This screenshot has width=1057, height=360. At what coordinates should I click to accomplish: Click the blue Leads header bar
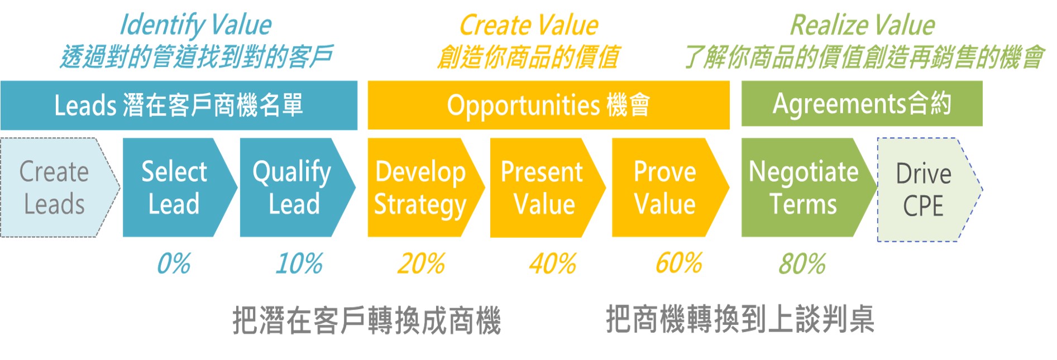pos(179,105)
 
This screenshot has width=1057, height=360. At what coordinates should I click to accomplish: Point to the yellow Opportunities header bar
pos(548,105)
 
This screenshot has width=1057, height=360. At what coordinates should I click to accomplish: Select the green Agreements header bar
pos(862,104)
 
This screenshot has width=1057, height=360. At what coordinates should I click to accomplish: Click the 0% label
pos(174,263)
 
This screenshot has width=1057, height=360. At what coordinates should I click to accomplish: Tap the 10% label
pos(299,263)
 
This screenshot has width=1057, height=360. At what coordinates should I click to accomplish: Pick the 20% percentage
pos(421,263)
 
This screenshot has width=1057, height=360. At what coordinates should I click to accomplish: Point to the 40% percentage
pos(553,263)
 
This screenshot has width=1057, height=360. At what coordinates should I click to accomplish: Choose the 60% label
pos(679,263)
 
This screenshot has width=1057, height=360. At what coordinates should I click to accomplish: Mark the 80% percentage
pos(802,264)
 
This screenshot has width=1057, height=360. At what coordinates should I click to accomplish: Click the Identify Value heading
pos(196,26)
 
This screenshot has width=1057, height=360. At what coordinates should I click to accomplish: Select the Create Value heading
pos(528,26)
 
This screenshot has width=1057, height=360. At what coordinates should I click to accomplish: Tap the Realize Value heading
pos(863,26)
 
